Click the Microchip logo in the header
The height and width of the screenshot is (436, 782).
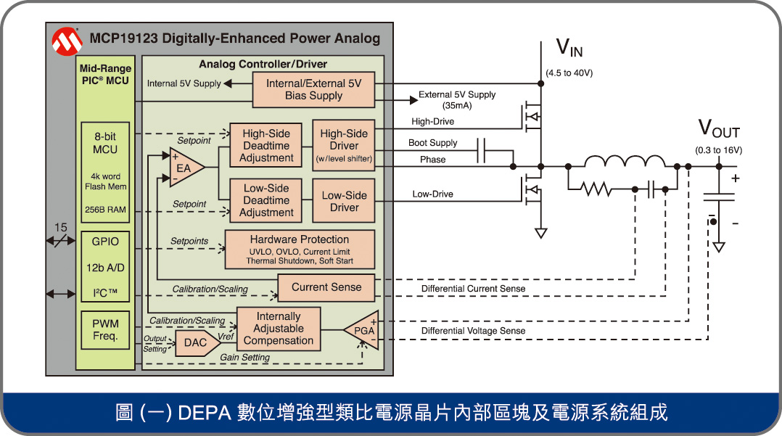tap(67, 42)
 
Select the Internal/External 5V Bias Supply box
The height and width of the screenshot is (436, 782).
tap(314, 89)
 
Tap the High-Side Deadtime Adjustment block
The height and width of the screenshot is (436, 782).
tap(266, 145)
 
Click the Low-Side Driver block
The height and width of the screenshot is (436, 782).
tap(344, 201)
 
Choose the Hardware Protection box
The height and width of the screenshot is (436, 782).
tap(300, 250)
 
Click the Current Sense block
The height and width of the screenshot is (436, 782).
tap(326, 287)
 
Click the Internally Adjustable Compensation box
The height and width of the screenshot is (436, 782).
tap(279, 329)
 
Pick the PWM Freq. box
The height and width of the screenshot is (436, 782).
tap(105, 330)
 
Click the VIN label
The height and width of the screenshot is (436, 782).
tap(569, 49)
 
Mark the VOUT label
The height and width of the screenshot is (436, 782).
tap(718, 129)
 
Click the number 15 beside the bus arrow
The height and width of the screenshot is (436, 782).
tap(61, 229)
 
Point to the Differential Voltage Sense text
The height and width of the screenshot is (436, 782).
tap(473, 331)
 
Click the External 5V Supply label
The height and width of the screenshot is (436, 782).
tap(457, 95)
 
